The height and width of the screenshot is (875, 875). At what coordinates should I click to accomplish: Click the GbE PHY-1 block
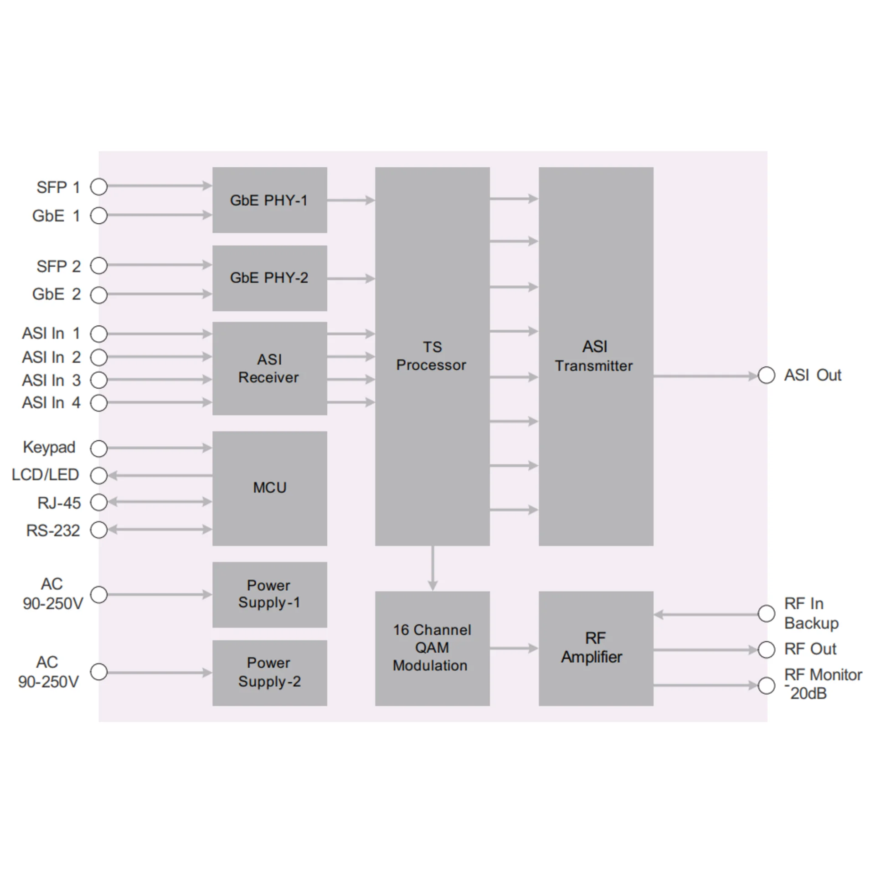(269, 200)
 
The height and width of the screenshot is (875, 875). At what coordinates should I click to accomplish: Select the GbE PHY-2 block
(269, 278)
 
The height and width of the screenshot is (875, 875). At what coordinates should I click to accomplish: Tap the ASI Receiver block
(269, 368)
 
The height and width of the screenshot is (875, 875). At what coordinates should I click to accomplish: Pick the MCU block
(269, 488)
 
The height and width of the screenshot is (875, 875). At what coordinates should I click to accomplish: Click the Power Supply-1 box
(269, 594)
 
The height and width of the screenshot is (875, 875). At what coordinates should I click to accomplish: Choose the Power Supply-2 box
(269, 673)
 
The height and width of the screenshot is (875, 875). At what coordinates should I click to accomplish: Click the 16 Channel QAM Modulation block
(432, 648)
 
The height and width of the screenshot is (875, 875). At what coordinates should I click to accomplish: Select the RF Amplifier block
(596, 648)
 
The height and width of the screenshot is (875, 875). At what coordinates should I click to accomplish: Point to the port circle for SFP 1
(99, 186)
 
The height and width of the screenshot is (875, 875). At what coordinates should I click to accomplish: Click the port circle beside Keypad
(99, 448)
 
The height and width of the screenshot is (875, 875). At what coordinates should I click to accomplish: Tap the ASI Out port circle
(767, 376)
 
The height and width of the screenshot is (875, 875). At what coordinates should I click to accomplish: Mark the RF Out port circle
(767, 649)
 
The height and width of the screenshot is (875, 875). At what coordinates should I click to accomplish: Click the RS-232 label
(53, 530)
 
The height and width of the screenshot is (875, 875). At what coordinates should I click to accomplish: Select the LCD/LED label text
(45, 475)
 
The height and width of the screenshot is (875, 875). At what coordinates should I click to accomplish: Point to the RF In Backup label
(811, 613)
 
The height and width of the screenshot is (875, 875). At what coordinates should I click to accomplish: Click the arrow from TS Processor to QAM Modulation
(432, 568)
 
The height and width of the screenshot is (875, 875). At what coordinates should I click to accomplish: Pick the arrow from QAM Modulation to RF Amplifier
(514, 648)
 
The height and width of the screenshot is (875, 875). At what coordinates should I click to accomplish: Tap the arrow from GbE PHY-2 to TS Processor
(351, 278)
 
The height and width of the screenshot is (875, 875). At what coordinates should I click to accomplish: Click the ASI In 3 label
(51, 380)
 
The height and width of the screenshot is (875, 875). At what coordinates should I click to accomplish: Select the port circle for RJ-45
(99, 502)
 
